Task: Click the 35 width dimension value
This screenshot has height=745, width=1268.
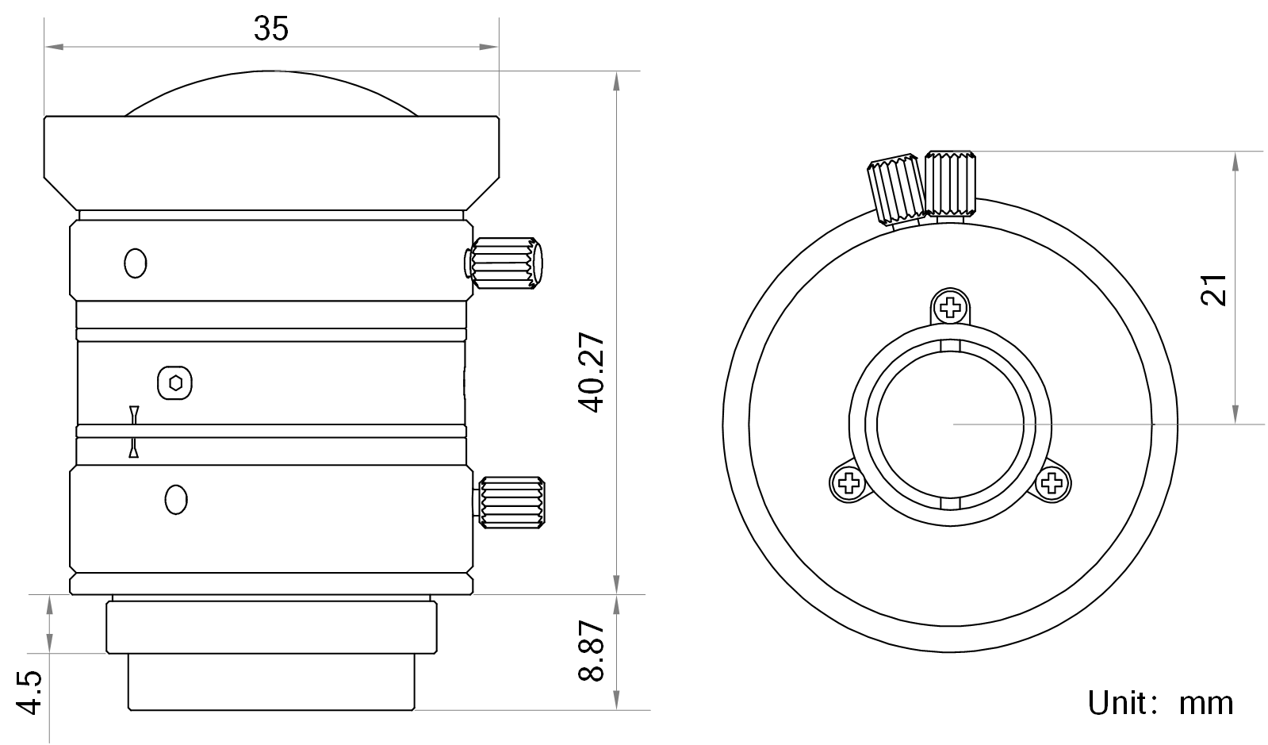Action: pos(270,29)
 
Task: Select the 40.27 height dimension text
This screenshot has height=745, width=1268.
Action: pos(592,372)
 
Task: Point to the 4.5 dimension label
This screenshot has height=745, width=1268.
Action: pos(29,693)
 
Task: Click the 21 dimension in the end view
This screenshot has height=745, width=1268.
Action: pos(1213,290)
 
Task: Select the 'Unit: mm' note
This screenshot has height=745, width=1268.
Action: pos(1160,703)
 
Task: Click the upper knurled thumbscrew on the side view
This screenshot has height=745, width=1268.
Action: pos(504,263)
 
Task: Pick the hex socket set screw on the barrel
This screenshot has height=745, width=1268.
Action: pos(175,383)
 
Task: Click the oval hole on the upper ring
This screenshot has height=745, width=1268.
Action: pos(136,263)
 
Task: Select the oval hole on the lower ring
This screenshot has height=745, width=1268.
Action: pos(176,500)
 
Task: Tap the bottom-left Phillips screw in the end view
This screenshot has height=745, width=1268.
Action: pos(848,483)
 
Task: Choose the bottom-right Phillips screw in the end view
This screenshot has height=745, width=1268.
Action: pos(1052,483)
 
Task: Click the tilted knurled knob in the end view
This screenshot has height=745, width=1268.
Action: pos(897,189)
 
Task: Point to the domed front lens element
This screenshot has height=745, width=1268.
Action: pos(270,94)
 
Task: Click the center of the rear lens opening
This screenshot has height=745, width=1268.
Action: pos(951,424)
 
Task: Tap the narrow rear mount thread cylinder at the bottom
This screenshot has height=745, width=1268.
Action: pos(271,682)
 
